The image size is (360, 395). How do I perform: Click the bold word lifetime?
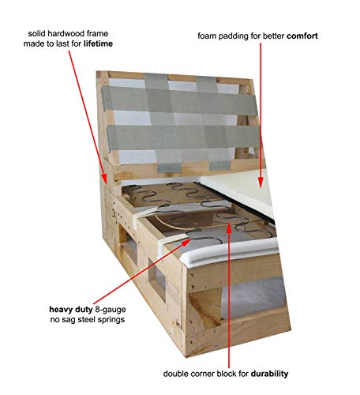98,43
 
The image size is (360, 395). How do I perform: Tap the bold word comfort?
302,36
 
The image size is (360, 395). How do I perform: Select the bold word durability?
269,374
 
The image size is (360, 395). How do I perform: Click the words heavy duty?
71,310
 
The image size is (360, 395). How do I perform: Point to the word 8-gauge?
111,310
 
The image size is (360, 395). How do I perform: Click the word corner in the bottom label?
200,374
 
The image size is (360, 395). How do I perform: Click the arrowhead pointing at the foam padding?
261,182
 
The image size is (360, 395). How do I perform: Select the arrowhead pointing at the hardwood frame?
104,179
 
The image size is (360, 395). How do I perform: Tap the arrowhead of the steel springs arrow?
186,243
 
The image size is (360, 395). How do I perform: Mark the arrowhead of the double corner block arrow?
229,228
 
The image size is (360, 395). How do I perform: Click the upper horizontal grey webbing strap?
180,100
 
